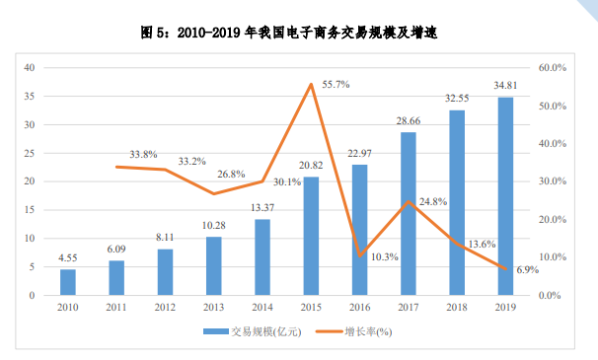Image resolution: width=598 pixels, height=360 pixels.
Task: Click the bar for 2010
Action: point(67,282)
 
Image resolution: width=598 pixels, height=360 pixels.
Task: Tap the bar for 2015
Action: point(311,236)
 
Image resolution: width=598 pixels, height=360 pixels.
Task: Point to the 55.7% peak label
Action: point(336,85)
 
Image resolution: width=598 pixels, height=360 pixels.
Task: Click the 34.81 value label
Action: point(505,87)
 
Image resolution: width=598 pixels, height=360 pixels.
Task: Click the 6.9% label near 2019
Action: point(528,269)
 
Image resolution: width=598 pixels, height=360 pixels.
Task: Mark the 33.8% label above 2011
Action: point(143,155)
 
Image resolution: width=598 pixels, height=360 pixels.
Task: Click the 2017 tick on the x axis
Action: point(409,308)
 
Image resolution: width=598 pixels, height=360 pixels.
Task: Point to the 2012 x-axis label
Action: point(165,308)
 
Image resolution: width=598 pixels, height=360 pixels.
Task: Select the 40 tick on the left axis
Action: point(30,68)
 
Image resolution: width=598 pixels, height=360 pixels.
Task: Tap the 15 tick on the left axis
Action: point(30,210)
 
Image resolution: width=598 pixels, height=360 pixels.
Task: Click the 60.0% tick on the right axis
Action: point(551,68)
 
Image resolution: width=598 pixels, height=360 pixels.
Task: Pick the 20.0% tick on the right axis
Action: point(551,219)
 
